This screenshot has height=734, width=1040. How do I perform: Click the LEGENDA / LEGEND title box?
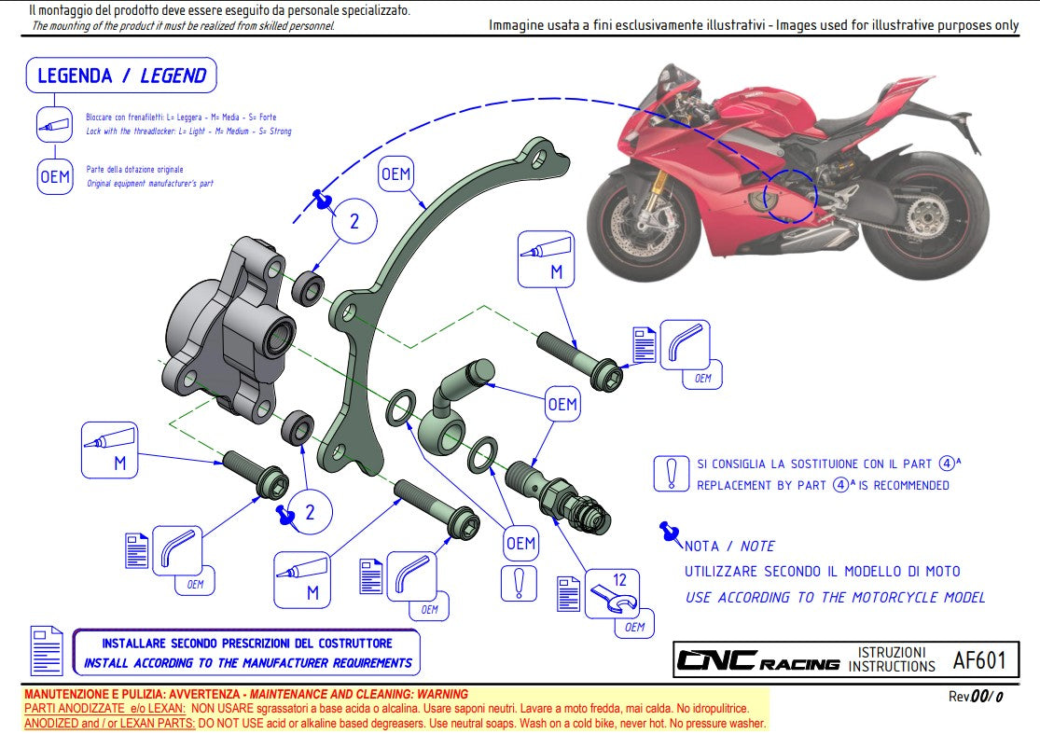121,76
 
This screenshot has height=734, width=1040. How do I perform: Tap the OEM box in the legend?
55,176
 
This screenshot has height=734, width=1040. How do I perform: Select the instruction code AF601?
978,660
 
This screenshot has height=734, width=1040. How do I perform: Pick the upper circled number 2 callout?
354,222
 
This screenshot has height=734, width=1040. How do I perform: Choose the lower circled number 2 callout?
311,511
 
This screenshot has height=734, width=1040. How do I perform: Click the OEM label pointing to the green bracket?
395,174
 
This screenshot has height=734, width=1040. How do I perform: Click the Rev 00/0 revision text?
976,696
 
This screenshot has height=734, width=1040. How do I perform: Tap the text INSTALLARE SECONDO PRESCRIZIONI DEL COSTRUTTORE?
247,644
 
